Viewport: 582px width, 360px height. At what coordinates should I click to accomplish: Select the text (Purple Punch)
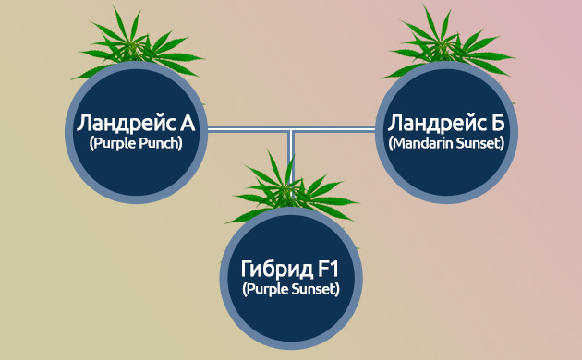click(x=136, y=144)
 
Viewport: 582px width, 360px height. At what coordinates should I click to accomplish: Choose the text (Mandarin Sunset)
click(x=447, y=144)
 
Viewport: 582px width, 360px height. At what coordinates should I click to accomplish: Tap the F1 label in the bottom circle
click(x=328, y=270)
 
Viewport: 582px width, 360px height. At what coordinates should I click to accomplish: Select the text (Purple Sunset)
click(x=291, y=290)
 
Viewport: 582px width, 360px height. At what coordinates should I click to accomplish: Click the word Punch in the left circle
click(x=158, y=144)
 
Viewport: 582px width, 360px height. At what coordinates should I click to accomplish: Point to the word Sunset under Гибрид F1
click(x=313, y=290)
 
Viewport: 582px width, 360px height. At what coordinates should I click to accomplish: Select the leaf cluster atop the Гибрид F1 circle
click(x=291, y=185)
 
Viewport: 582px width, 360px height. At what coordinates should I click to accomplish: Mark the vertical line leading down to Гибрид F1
click(x=291, y=152)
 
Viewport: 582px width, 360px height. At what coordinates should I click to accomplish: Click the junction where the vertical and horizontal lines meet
click(x=291, y=131)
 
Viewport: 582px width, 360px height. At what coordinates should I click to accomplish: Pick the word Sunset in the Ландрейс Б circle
click(x=477, y=144)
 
